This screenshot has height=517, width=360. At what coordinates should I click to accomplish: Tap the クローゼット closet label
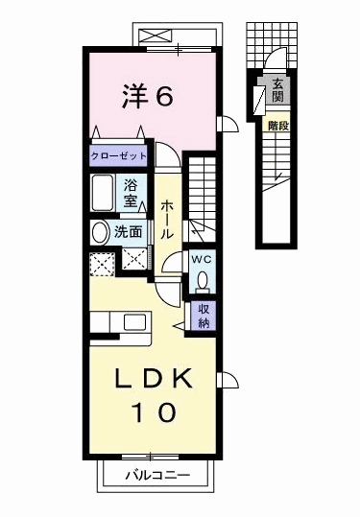click(x=119, y=154)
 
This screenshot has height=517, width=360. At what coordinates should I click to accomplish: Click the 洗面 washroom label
click(x=129, y=231)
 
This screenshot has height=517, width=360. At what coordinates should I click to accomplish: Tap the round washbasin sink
click(x=101, y=232)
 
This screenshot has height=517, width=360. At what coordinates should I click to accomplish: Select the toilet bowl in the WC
click(x=202, y=279)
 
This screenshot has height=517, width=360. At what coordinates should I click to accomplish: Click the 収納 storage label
click(x=204, y=314)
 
